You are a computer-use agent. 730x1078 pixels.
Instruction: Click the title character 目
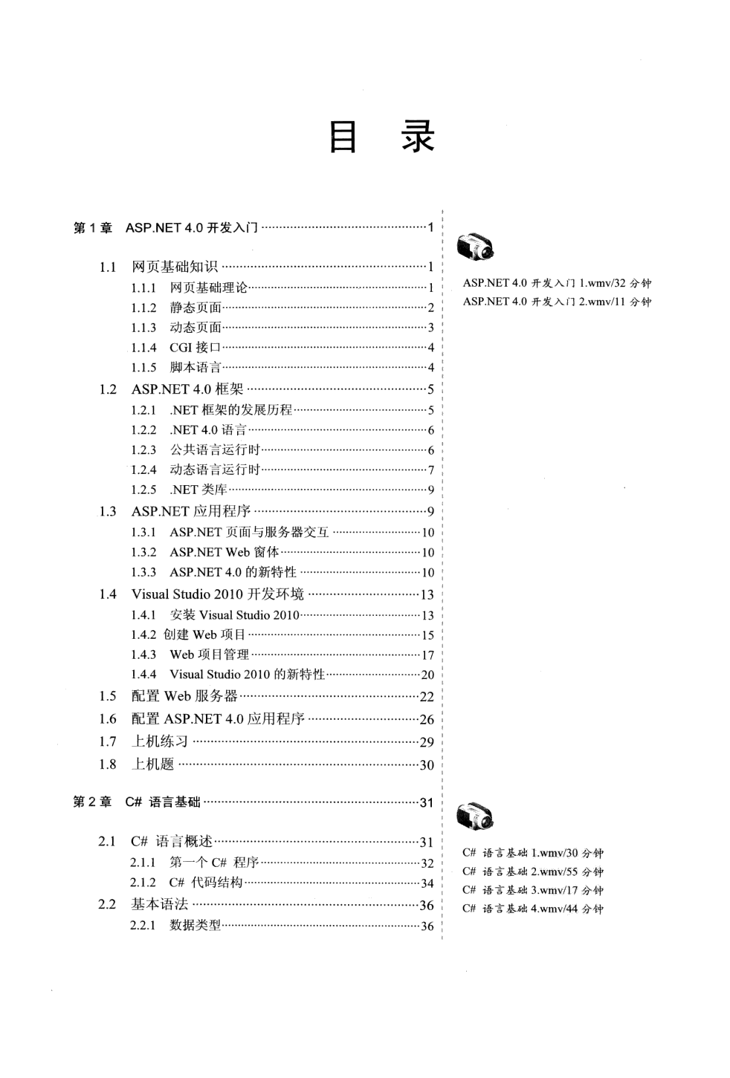point(343,137)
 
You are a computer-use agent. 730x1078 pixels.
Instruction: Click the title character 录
point(418,137)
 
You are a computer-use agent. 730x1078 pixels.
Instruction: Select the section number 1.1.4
point(143,348)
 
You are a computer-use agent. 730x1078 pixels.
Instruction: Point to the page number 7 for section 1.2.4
point(430,470)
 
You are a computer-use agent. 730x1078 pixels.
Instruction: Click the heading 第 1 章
point(93,228)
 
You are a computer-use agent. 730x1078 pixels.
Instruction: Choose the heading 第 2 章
point(93,802)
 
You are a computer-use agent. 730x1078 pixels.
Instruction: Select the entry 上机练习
point(160,741)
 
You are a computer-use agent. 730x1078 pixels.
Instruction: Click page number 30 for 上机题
point(427,765)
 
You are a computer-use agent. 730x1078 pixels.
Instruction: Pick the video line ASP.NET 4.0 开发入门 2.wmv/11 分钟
point(557,302)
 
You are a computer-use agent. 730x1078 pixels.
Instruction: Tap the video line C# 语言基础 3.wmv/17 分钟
point(532,890)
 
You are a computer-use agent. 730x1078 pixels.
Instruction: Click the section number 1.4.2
point(143,635)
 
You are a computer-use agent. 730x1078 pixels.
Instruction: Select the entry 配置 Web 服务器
point(184,696)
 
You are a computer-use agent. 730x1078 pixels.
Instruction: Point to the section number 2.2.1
point(143,926)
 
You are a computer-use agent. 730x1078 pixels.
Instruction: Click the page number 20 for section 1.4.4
point(427,675)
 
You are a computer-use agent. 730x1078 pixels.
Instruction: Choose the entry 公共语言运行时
point(215,450)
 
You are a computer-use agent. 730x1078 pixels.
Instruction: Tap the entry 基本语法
point(160,904)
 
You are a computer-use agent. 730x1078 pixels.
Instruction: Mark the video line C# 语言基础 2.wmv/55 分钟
point(532,871)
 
